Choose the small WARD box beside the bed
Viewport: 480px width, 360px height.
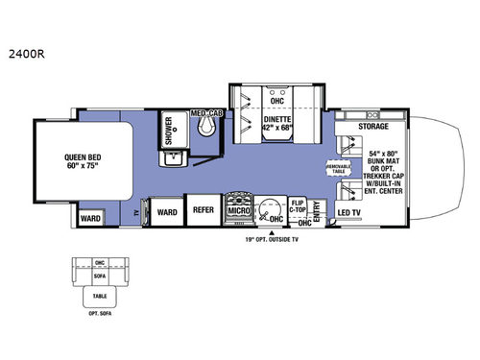pyautogui.click(x=91, y=218)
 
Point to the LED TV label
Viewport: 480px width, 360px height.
pyautogui.click(x=349, y=214)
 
